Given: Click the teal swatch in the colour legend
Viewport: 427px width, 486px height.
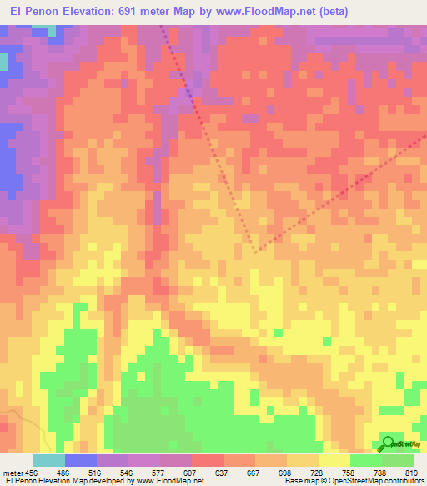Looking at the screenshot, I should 49,460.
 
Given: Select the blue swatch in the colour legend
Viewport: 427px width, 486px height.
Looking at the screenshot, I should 81,460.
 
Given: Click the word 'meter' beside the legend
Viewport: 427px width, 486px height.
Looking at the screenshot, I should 13,472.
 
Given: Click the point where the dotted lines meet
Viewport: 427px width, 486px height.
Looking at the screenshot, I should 257,250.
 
